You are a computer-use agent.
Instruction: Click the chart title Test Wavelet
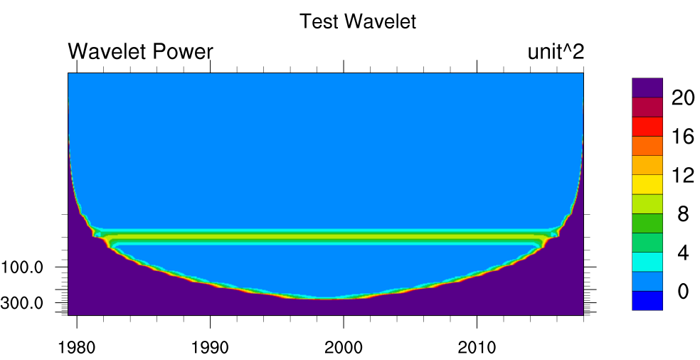(x=357, y=21)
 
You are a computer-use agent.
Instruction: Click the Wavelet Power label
(x=140, y=52)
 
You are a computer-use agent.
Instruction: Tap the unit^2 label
(x=556, y=52)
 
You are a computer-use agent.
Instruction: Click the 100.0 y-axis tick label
(x=23, y=268)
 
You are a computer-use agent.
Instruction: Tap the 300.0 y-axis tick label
(x=23, y=303)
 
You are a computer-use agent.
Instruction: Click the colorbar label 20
(x=683, y=98)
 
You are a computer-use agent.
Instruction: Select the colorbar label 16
(x=683, y=137)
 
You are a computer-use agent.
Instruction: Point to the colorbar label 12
(x=683, y=175)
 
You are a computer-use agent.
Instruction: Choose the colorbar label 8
(x=683, y=214)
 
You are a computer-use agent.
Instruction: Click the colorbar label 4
(x=683, y=253)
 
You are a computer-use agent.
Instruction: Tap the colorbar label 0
(x=683, y=291)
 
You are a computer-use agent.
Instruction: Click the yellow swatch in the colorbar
(x=647, y=185)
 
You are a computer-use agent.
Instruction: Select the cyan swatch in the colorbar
(x=647, y=262)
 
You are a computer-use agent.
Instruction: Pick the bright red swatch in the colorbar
(x=647, y=127)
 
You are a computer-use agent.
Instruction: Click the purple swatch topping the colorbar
(x=647, y=88)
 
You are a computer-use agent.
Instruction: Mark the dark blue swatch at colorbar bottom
(x=647, y=301)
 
